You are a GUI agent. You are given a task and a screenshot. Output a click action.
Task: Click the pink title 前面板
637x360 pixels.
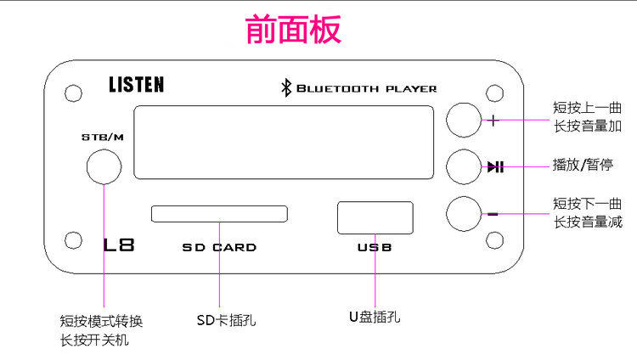pos(293,30)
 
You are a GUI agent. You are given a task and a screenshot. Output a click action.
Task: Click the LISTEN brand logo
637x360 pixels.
pos(136,84)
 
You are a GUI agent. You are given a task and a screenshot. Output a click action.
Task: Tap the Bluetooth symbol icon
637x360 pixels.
pos(286,87)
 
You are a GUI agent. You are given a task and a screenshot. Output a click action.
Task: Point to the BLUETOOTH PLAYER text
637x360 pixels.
pos(366,88)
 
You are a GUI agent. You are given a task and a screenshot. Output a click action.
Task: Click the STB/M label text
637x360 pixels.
pos(103,138)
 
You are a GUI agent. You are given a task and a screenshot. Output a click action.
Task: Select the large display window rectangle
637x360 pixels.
pos(285,142)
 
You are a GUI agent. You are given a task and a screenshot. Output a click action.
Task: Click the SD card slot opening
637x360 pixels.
pos(219,212)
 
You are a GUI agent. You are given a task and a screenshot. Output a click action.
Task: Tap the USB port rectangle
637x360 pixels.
pos(375,217)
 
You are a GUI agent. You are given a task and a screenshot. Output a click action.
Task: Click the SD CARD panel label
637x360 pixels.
pos(219,248)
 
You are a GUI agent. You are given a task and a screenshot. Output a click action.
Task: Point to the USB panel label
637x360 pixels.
pos(375,248)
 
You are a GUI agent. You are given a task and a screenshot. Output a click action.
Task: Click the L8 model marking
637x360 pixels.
pos(119,246)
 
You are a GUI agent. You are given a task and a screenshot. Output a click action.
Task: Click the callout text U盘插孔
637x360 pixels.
pos(375,318)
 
